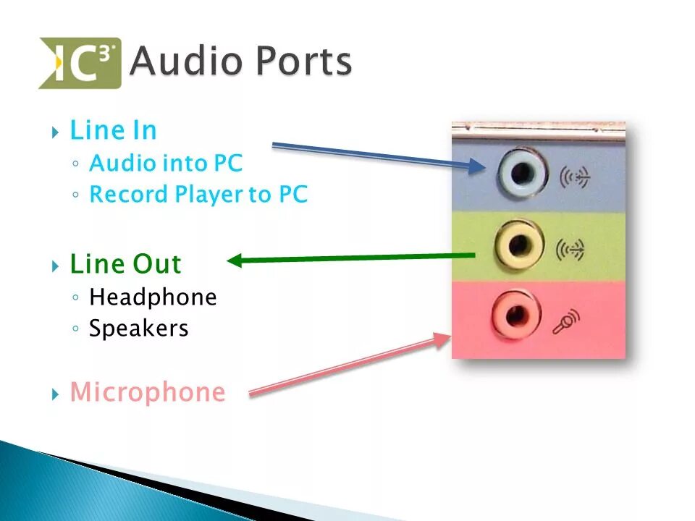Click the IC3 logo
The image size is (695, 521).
pyautogui.click(x=80, y=63)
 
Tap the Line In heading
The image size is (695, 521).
pyautogui.click(x=113, y=131)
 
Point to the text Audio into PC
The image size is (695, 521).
pyautogui.click(x=166, y=164)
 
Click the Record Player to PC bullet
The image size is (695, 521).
pyautogui.click(x=198, y=195)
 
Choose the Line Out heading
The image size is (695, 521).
pyautogui.click(x=125, y=264)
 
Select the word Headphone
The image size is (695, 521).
pyautogui.click(x=153, y=297)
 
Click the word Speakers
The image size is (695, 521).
pyautogui.click(x=138, y=329)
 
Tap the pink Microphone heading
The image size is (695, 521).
pyautogui.click(x=147, y=392)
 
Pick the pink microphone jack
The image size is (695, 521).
pyautogui.click(x=516, y=315)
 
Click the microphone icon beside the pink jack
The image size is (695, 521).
pyautogui.click(x=567, y=321)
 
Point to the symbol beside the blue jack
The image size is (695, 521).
pyautogui.click(x=575, y=176)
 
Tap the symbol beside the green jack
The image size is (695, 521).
pyautogui.click(x=570, y=250)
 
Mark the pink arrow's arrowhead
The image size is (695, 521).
pyautogui.click(x=442, y=339)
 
